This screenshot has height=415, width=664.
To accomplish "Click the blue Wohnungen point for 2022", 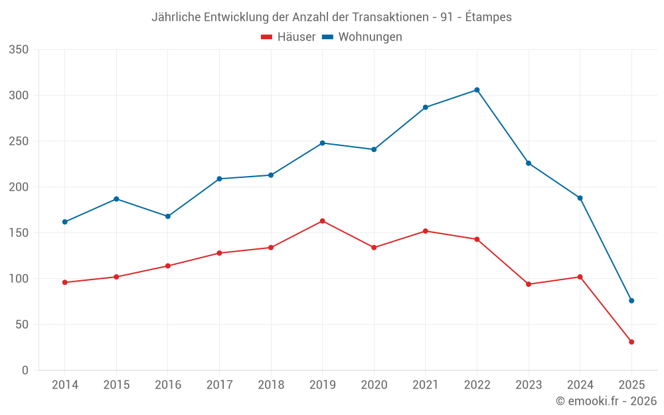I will (x=477, y=90).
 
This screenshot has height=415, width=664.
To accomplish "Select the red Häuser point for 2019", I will (x=322, y=221).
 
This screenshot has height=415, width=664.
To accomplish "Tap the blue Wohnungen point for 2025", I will (x=631, y=301).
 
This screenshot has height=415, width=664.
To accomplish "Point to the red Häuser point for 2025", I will (x=631, y=342).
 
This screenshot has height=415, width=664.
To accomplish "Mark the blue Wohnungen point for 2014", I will (x=64, y=222).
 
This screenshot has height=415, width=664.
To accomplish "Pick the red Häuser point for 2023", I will (x=529, y=284).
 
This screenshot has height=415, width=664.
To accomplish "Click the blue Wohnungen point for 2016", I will (x=168, y=216).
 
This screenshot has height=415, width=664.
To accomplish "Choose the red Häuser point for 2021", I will (x=426, y=231).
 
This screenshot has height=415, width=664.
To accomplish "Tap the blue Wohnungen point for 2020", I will (x=374, y=149).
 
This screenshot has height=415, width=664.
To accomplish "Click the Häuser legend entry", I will (x=288, y=37).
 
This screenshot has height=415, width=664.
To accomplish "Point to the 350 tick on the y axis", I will (x=19, y=50).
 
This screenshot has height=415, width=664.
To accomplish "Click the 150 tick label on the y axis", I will (x=19, y=233).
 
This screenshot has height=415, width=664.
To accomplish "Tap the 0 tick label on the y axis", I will (x=25, y=371).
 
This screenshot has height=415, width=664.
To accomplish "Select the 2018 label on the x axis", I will (x=271, y=385).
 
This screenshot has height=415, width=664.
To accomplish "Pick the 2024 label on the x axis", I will (x=580, y=385).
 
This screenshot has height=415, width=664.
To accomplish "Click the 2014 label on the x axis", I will (x=64, y=385).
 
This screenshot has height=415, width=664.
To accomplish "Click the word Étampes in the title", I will (x=489, y=17).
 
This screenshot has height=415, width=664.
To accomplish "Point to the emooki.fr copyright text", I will (x=606, y=401).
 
